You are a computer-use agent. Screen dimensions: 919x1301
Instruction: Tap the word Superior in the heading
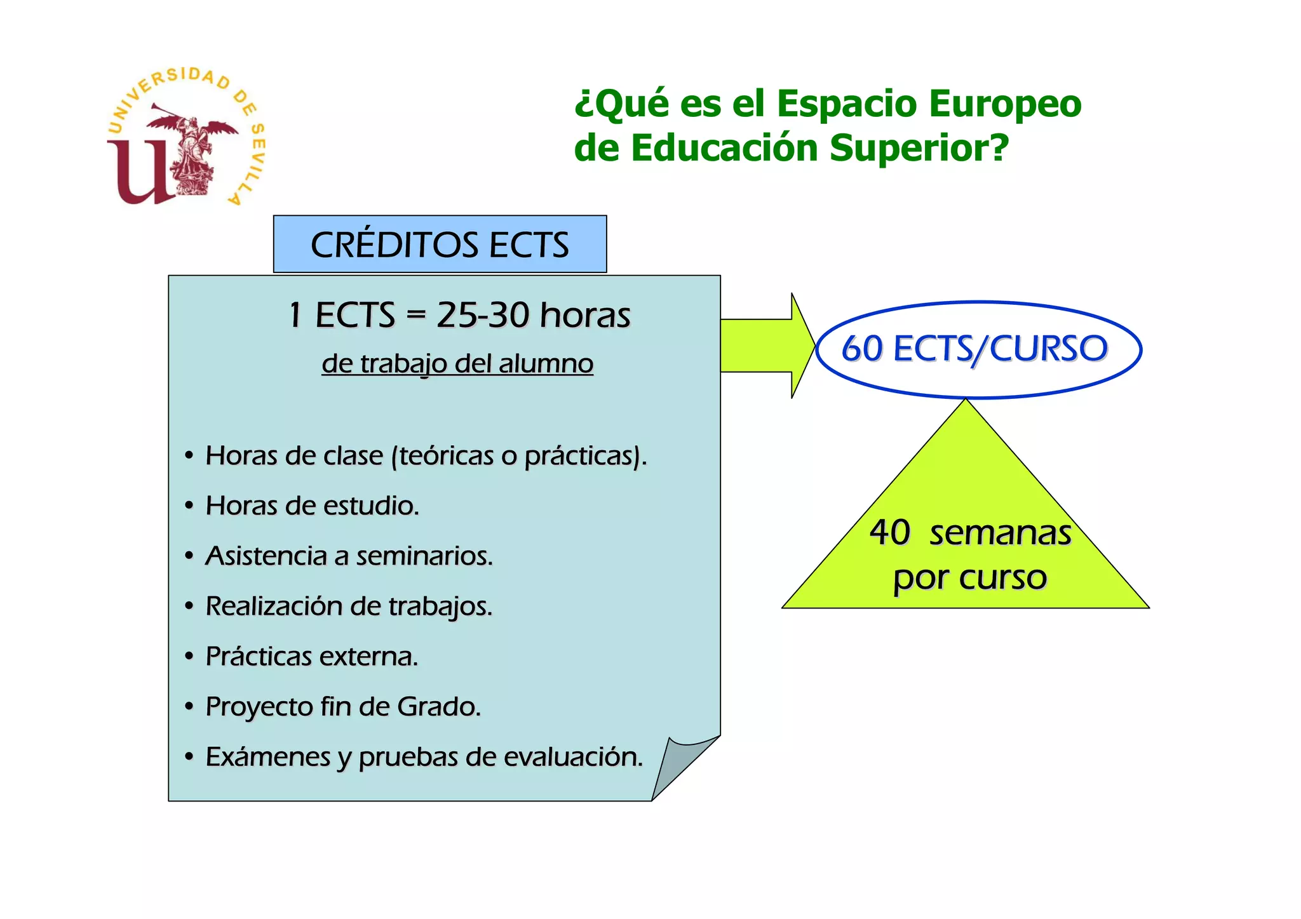[x=919, y=148]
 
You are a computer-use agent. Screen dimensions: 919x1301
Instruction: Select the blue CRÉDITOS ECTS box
[x=440, y=245]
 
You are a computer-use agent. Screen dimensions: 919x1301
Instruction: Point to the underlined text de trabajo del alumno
[x=457, y=364]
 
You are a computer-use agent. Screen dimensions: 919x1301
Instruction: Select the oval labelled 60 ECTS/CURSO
[x=978, y=349]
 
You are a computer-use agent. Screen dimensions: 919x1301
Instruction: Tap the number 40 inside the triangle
[x=890, y=532]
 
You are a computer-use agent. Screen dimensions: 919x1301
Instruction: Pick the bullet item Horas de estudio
[x=312, y=506]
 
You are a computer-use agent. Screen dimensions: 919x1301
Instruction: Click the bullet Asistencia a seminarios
[x=349, y=556]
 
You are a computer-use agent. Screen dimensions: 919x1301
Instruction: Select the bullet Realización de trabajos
[x=349, y=607]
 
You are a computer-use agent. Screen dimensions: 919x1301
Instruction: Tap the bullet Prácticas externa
[x=311, y=657]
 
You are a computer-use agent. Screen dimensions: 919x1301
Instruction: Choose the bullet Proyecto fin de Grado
[x=343, y=707]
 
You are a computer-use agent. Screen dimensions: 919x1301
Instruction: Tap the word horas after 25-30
[x=585, y=315]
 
